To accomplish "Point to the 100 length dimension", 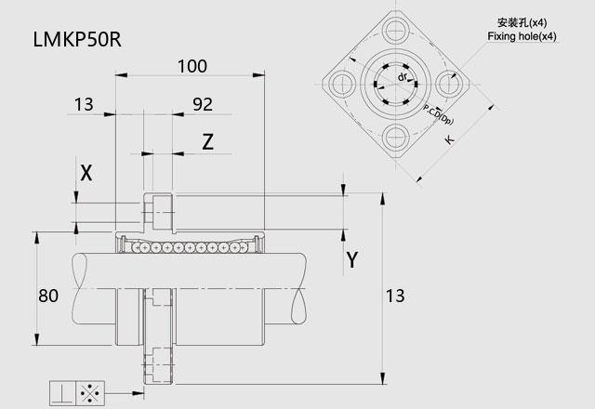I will click(x=192, y=66).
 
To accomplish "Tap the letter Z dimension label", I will click(x=208, y=142).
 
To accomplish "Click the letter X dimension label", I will click(x=86, y=172).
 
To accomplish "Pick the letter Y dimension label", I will click(x=351, y=260).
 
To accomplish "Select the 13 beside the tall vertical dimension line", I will click(x=395, y=297).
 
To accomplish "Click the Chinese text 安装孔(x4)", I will click(x=523, y=22).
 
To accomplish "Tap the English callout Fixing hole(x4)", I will click(x=522, y=36).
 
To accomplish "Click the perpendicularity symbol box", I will click(x=64, y=392).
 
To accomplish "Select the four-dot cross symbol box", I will click(x=92, y=392).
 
